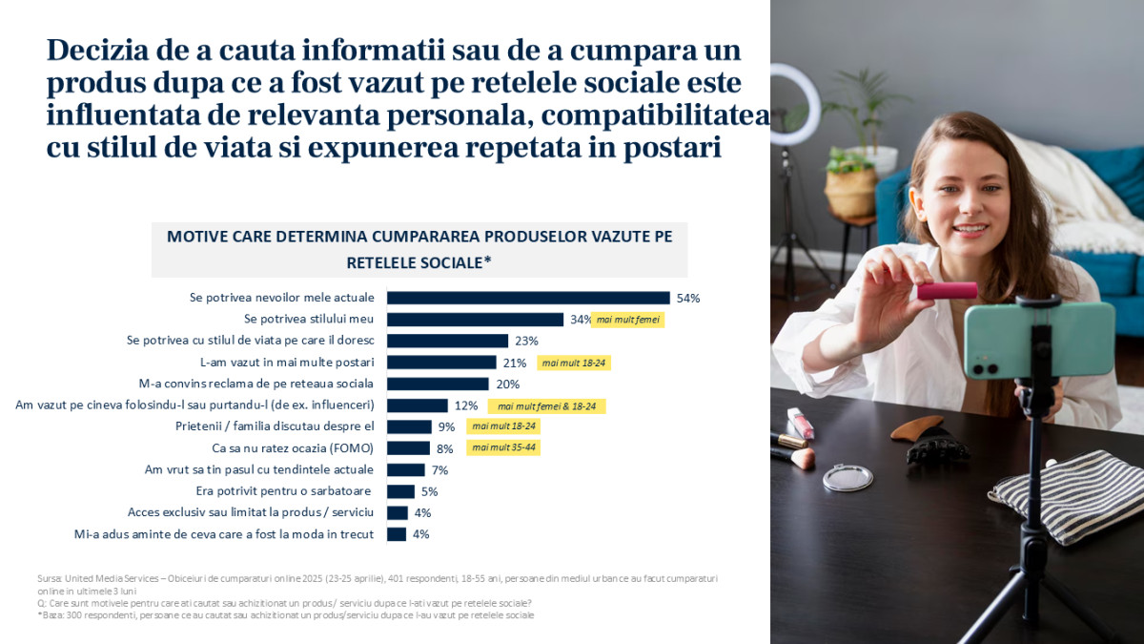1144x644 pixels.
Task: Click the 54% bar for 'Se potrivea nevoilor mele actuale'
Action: click(528, 298)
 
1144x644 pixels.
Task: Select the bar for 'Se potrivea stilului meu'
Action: click(475, 320)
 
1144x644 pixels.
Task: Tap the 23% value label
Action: click(526, 341)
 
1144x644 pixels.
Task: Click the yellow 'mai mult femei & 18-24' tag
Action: click(546, 406)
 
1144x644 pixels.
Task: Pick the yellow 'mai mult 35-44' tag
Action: click(503, 448)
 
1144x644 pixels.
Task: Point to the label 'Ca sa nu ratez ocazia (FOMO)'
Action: click(292, 448)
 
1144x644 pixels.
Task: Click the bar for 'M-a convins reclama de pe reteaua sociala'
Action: click(439, 384)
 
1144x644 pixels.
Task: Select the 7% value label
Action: click(439, 470)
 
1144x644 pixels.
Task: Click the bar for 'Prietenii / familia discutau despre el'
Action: click(409, 426)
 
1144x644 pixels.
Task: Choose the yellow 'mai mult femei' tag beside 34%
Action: click(626, 321)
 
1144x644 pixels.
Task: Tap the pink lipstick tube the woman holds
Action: click(947, 290)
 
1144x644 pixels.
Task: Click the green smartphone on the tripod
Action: click(1038, 340)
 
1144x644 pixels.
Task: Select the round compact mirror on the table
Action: click(848, 477)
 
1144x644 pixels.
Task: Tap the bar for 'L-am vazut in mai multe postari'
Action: click(441, 363)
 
